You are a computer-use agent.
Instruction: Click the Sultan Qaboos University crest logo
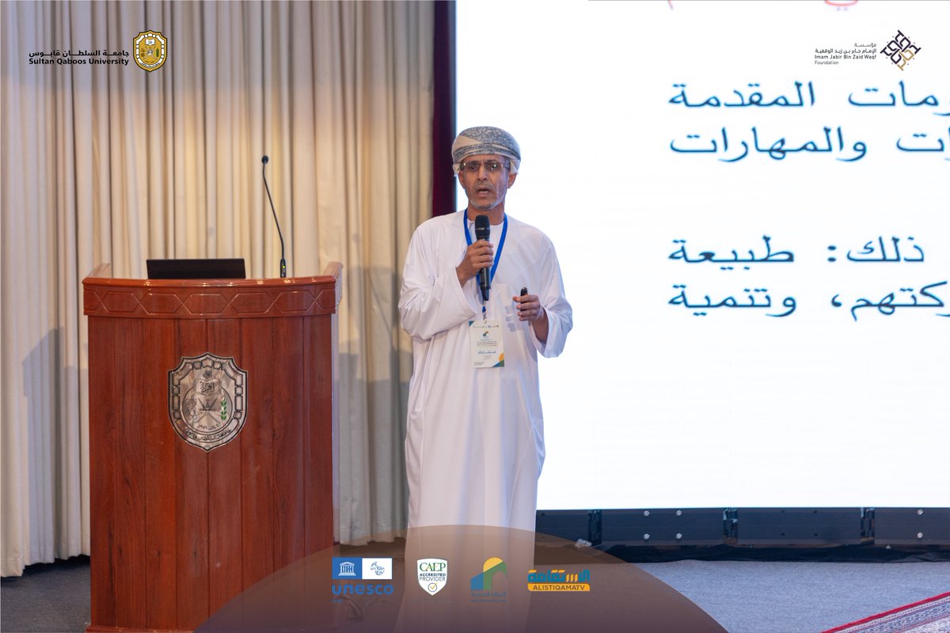point(150,51)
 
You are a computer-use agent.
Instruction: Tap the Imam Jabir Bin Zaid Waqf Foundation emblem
point(900,50)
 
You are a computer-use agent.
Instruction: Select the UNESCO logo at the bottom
point(362,578)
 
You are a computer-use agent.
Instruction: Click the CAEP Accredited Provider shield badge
point(432,576)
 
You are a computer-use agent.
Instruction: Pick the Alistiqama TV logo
point(559,580)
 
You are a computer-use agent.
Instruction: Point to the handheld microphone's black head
point(482,228)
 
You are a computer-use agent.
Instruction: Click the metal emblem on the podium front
point(207,400)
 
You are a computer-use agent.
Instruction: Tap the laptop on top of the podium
point(196,269)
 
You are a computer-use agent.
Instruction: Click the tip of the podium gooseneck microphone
point(265,160)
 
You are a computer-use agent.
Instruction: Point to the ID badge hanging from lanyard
point(486,342)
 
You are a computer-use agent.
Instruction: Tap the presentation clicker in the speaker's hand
point(523,293)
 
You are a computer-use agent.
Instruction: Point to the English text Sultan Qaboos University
point(78,62)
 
